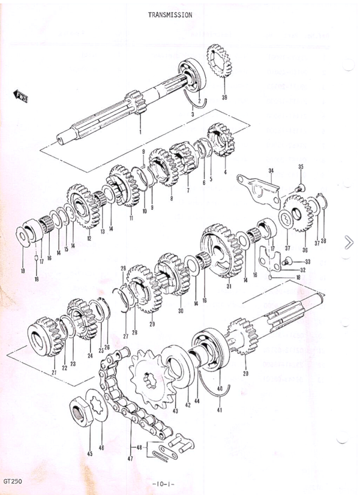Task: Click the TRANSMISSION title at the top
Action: pos(170,15)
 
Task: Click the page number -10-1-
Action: pos(164,484)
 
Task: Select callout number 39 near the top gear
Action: pos(224,97)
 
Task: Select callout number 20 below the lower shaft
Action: pos(245,373)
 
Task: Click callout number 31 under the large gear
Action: pos(229,286)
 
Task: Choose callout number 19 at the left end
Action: pos(23,271)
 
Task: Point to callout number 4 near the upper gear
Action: pos(225,172)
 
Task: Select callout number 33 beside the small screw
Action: pos(308,262)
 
